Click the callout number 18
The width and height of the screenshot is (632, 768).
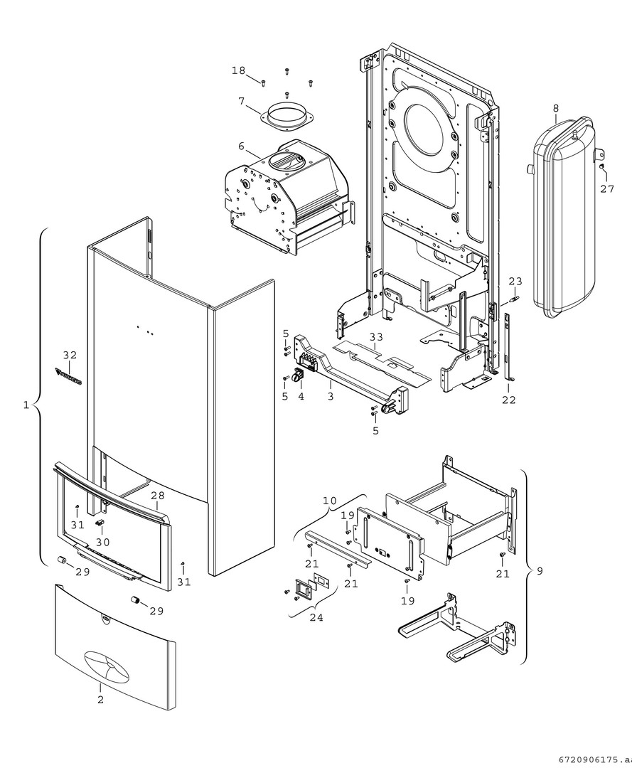(x=238, y=70)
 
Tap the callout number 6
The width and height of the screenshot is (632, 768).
(x=242, y=146)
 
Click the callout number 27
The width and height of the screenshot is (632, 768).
(x=606, y=189)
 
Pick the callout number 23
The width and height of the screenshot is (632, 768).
(x=515, y=281)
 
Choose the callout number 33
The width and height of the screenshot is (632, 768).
(x=376, y=336)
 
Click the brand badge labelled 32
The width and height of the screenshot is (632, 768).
(x=69, y=376)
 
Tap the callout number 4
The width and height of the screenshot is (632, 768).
(x=301, y=396)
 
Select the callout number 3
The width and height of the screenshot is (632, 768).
(x=331, y=396)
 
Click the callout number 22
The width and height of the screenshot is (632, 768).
(x=508, y=400)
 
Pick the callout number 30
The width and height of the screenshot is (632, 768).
(x=104, y=541)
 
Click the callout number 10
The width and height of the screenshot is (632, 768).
(x=330, y=501)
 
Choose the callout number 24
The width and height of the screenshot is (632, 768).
(x=316, y=618)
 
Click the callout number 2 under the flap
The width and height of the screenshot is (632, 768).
(x=100, y=700)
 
